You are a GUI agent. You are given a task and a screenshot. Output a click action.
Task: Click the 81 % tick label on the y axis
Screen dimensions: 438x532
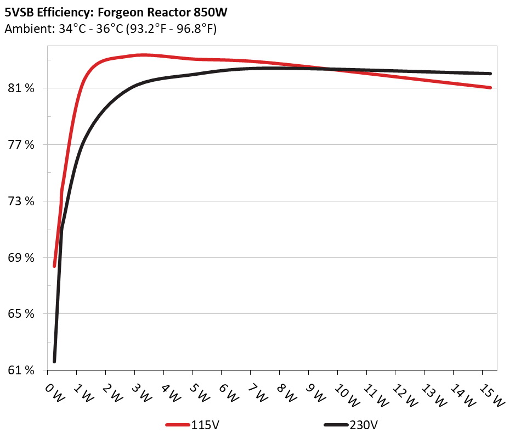22,88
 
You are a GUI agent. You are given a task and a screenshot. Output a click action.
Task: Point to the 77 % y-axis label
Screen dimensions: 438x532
22,145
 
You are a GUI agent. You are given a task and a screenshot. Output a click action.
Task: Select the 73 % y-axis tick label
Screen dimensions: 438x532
22,201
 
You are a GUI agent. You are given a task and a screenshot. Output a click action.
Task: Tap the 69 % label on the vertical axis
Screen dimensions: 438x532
22,258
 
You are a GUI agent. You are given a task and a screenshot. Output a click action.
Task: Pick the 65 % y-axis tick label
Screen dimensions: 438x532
22,314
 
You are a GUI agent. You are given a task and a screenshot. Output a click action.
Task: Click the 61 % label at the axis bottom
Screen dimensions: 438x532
22,370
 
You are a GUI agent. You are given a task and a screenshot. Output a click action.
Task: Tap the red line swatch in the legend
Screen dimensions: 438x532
178,425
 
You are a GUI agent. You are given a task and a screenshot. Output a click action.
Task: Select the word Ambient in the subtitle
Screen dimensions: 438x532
25,29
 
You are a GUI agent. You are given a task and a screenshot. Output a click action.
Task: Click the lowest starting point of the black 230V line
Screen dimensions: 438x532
54,361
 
